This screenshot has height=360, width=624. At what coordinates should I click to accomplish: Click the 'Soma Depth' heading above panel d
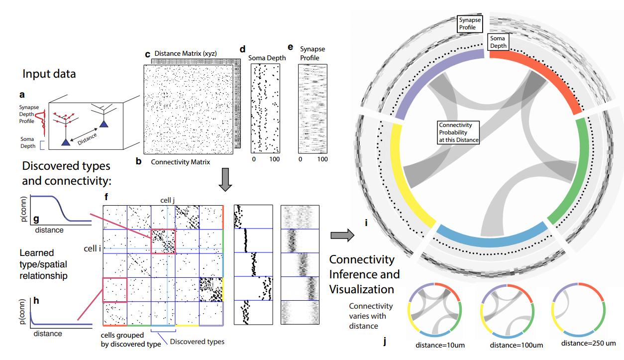(x=267, y=58)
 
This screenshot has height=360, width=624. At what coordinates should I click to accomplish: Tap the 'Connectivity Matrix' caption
(x=180, y=162)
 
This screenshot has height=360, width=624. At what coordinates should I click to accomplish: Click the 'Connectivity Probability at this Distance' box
(x=458, y=132)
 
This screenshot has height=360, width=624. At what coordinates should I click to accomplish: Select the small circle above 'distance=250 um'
(x=579, y=309)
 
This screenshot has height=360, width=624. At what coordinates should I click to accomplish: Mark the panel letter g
(x=35, y=219)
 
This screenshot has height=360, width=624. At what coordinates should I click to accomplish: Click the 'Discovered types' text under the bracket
(x=197, y=342)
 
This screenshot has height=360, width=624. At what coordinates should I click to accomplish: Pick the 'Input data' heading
(x=49, y=74)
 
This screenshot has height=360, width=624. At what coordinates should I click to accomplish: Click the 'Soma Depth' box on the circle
(x=498, y=42)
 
